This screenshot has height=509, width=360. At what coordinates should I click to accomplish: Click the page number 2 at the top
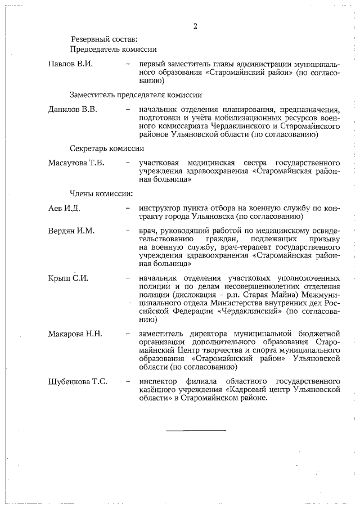point(195,26)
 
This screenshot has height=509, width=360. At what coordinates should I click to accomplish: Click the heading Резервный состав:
point(103,39)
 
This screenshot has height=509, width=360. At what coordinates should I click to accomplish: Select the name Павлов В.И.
point(70,64)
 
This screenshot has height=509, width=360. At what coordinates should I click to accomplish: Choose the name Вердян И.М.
point(71,231)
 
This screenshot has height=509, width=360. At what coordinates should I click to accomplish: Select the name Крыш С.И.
point(69,278)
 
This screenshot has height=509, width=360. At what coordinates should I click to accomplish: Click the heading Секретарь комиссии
point(107,149)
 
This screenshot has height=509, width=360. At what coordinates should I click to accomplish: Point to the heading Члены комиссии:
point(101,195)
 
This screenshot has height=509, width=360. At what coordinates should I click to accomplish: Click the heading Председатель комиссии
point(113,49)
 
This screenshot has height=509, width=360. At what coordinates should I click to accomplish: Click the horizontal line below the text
point(195,430)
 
